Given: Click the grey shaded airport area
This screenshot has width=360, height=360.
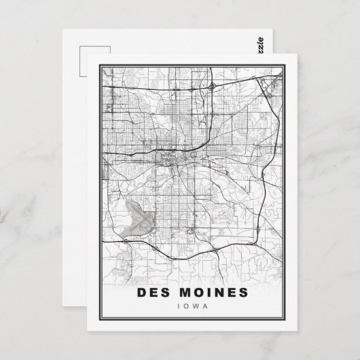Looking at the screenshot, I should click(x=140, y=218).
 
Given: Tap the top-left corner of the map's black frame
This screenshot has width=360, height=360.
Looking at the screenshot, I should click(x=101, y=67).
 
